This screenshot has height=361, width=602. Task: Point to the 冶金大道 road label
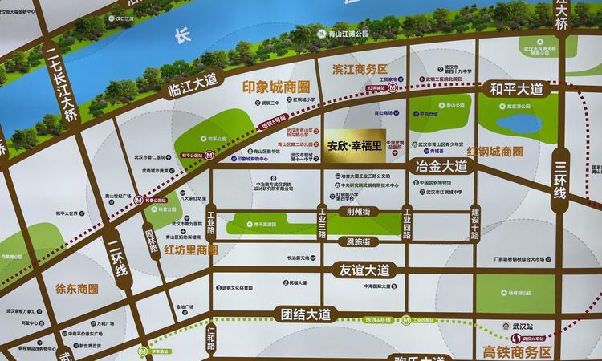click(442, 167)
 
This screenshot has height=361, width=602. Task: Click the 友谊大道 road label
click(364, 270)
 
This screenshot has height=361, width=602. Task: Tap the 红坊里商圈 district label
click(191, 249)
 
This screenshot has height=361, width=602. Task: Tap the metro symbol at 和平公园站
click(209, 156)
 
